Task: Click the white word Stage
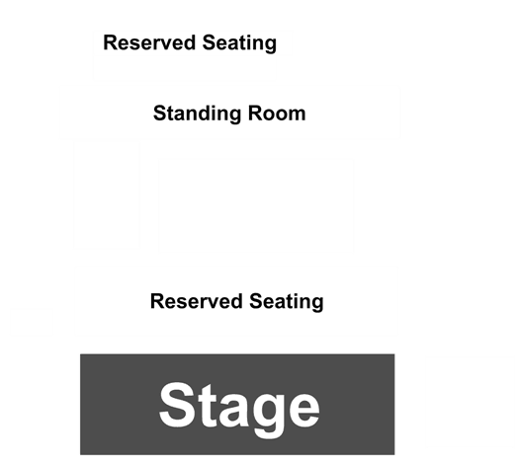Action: (x=239, y=409)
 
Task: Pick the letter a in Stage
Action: (x=231, y=411)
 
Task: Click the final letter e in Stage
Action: (x=303, y=411)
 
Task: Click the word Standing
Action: (x=198, y=114)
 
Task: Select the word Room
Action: (x=277, y=113)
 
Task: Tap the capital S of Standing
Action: (x=160, y=113)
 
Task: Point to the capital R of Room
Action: (x=255, y=113)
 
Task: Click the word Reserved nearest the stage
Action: (x=197, y=301)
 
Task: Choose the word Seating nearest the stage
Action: (x=287, y=302)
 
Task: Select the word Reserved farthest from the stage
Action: (x=149, y=42)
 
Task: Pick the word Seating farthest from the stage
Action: (x=239, y=43)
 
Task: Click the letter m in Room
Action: (x=296, y=115)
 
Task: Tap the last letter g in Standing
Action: (x=235, y=116)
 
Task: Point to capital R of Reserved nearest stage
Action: (x=158, y=301)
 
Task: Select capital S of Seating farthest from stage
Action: (x=210, y=42)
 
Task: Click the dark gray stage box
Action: (x=237, y=404)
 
